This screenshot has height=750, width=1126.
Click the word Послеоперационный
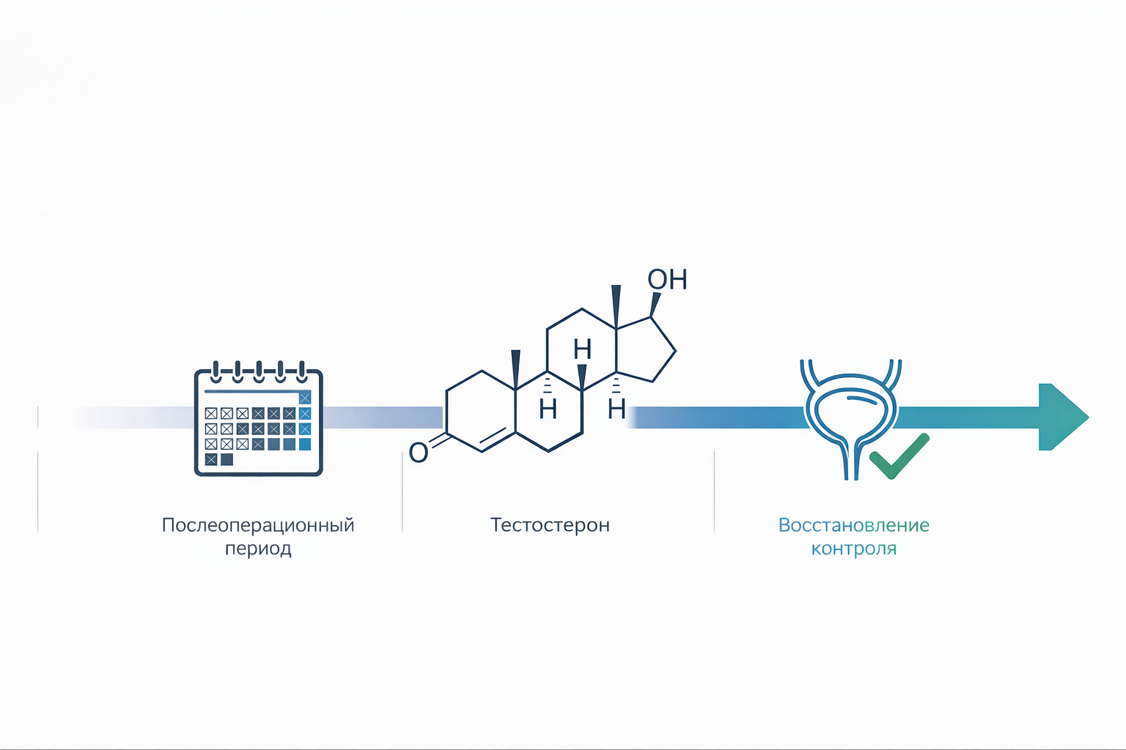(x=258, y=525)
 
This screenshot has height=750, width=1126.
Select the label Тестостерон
(x=550, y=525)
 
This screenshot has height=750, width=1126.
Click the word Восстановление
(x=853, y=525)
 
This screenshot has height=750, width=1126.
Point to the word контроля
(x=853, y=549)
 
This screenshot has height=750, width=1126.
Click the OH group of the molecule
(x=667, y=279)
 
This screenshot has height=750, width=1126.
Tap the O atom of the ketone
(x=419, y=453)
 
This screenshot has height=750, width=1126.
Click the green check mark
(x=899, y=456)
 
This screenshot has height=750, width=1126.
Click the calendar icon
(x=258, y=418)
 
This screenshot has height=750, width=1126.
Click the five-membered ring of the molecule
(x=644, y=352)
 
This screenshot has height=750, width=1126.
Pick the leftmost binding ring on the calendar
(x=216, y=372)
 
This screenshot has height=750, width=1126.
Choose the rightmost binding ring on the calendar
(x=301, y=372)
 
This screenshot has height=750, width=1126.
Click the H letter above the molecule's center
(x=582, y=349)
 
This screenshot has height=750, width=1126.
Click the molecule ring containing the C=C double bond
(x=481, y=412)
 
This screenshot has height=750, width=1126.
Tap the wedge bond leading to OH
(x=654, y=305)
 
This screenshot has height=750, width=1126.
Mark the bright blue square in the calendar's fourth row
(x=305, y=444)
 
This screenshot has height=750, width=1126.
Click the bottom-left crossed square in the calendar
(x=211, y=459)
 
